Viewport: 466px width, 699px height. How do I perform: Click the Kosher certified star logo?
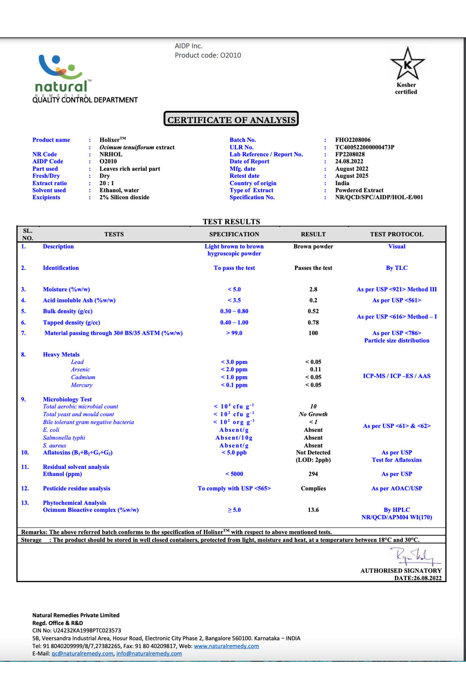coord(407,64)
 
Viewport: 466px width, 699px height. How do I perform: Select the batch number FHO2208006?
coord(353,140)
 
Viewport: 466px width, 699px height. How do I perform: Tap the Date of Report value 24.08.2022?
coord(349,162)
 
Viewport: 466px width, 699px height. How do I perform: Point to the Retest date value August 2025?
coord(351,176)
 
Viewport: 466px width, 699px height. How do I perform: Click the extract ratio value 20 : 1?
coord(107,183)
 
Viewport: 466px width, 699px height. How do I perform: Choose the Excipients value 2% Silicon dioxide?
coord(124,197)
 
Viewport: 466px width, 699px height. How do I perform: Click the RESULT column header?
coord(313,234)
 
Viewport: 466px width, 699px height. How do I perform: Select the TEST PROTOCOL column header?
coord(396,234)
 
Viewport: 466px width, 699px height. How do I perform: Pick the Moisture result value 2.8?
coord(313,289)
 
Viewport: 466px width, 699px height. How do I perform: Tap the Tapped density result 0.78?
coord(313,322)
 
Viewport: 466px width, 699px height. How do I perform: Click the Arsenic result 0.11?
coord(315,369)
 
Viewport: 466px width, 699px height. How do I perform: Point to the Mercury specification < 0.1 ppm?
coord(234,385)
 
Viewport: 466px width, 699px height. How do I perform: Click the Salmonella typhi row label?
coord(64,438)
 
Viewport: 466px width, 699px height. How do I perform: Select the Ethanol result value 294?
coord(313,474)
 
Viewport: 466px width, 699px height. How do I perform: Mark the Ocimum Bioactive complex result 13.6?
coord(313,510)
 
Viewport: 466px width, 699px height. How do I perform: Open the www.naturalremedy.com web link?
coord(226,646)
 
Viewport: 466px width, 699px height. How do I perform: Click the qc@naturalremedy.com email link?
coord(82,654)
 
